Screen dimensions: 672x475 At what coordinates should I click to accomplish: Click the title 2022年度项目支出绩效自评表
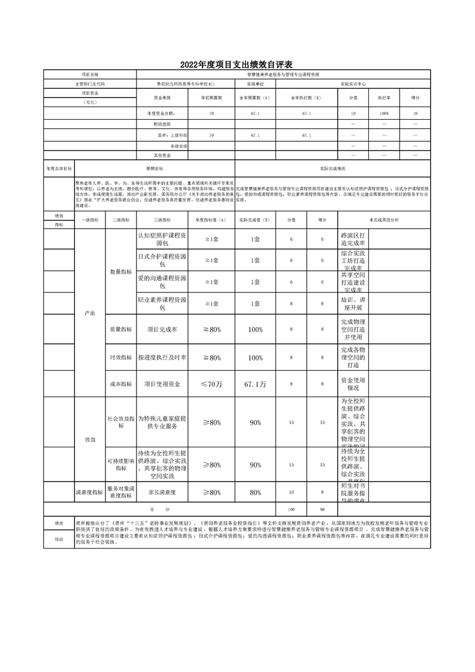pyautogui.click(x=238, y=65)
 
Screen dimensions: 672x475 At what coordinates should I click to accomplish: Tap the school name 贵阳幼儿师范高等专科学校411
pyautogui.click(x=185, y=84)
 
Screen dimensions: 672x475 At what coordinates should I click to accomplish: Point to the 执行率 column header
pyautogui.click(x=384, y=98)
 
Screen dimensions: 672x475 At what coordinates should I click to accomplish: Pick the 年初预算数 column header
pyautogui.click(x=211, y=98)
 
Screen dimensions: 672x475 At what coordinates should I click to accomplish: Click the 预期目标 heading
pyautogui.click(x=155, y=169)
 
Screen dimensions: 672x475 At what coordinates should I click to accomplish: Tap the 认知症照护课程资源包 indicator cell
pyautogui.click(x=162, y=240)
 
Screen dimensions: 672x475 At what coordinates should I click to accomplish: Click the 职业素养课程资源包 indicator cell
pyautogui.click(x=162, y=304)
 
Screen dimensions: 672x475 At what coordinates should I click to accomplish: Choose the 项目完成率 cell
pyautogui.click(x=162, y=329)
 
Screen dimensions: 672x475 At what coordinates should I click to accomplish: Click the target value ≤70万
pyautogui.click(x=211, y=384)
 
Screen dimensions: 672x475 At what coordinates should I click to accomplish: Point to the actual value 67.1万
pyautogui.click(x=255, y=384)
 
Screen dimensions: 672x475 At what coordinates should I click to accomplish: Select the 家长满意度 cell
pyautogui.click(x=162, y=492)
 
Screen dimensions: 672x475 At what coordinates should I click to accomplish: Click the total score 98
pyautogui.click(x=322, y=509)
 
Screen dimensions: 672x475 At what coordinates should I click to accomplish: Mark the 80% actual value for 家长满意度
pyautogui.click(x=255, y=492)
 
